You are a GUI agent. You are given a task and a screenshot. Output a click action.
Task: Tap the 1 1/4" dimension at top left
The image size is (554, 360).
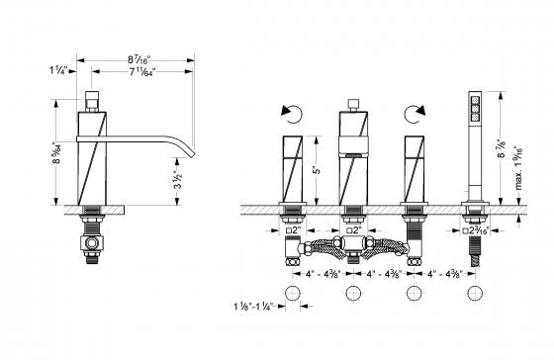57,70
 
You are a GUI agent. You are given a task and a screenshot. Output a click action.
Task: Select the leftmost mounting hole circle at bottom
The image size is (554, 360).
293,295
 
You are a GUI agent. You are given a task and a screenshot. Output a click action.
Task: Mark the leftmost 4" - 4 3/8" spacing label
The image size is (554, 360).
323,273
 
